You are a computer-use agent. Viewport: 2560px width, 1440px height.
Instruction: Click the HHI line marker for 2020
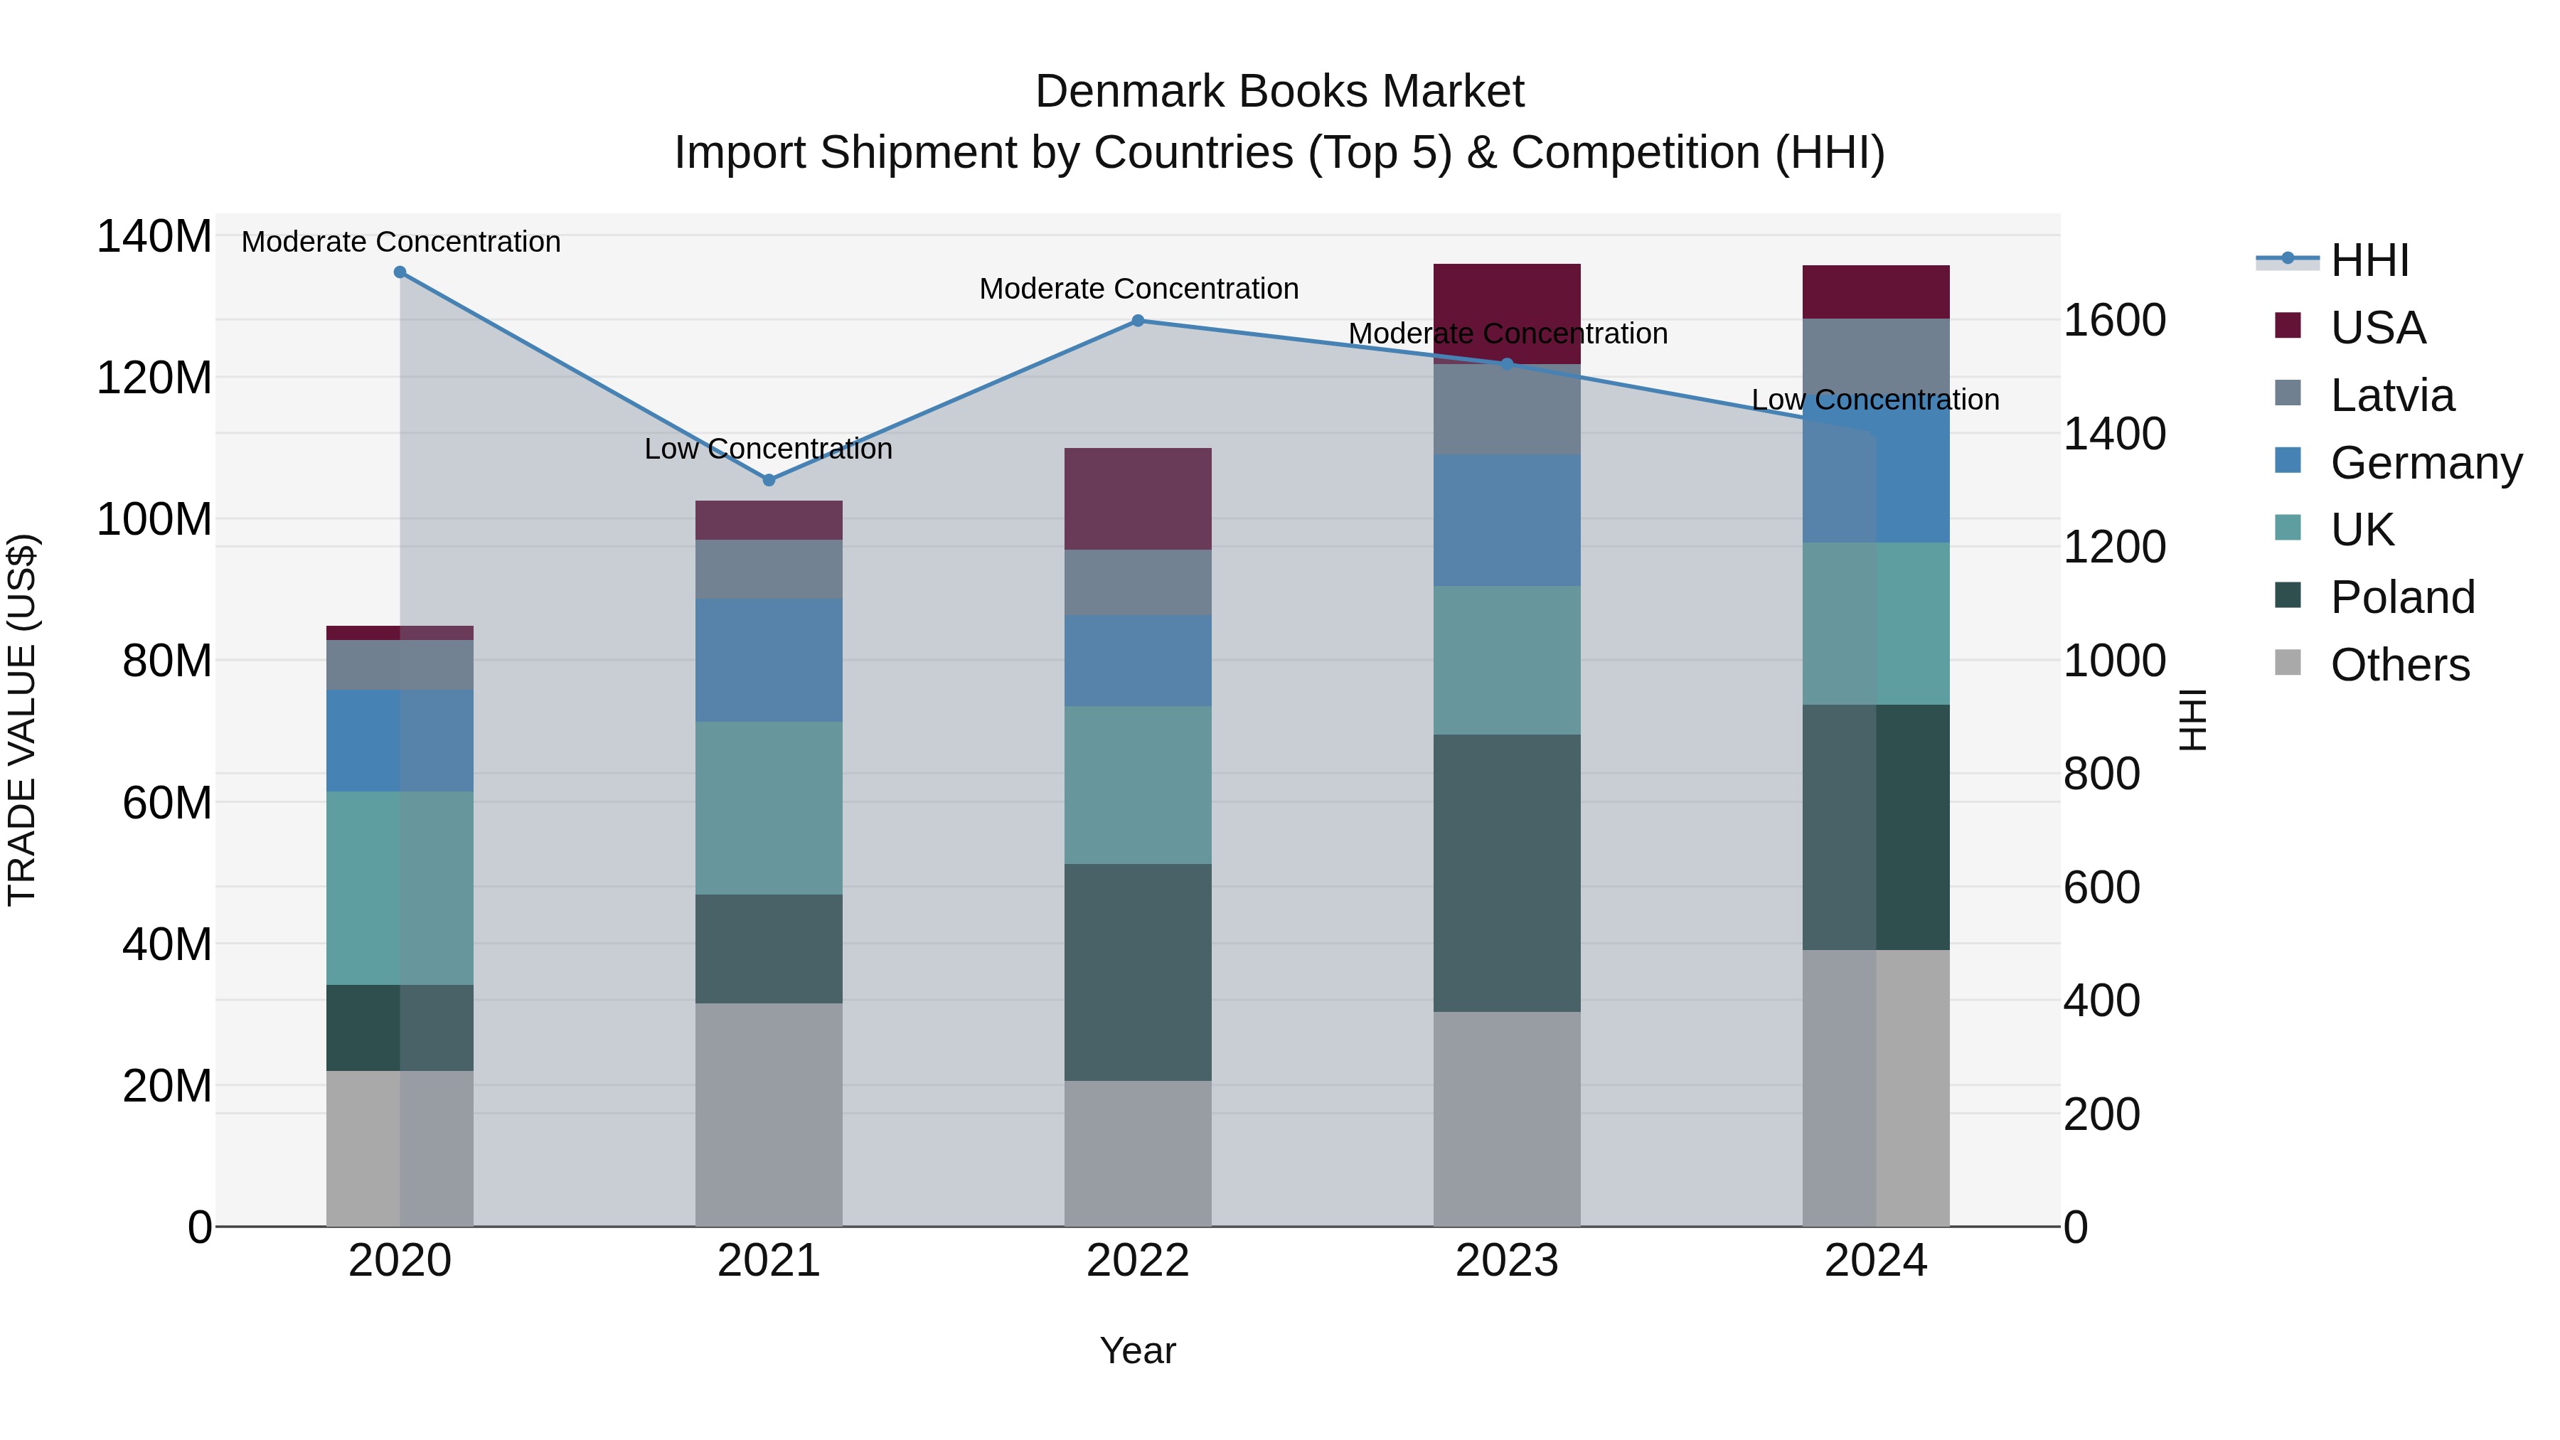point(400,272)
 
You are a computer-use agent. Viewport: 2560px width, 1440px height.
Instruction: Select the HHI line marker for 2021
point(768,480)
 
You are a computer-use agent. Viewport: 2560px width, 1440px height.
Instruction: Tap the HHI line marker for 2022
point(1138,321)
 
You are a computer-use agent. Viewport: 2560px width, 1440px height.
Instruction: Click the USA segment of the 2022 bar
point(1138,499)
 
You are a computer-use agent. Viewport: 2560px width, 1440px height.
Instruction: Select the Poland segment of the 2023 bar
point(1507,873)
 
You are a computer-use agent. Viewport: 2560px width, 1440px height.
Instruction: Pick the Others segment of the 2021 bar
point(768,1114)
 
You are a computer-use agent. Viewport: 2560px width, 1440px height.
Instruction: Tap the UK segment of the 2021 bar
point(768,808)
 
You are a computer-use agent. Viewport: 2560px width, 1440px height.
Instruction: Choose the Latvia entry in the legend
point(2391,395)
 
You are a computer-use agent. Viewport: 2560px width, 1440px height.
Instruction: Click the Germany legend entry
point(2425,463)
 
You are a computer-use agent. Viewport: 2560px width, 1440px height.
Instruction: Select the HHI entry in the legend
point(2369,260)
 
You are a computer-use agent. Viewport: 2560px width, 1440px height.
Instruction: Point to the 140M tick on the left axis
point(154,237)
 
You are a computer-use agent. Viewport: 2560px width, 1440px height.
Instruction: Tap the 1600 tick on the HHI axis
point(2115,320)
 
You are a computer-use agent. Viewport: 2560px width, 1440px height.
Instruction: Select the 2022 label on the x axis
point(1138,1261)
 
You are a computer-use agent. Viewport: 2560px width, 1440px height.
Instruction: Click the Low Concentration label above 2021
point(768,449)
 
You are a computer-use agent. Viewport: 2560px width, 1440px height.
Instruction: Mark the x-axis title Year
point(1138,1350)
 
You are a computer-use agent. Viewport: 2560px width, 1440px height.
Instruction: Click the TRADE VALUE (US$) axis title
point(23,720)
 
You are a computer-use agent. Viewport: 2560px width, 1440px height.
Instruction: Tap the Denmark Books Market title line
point(1279,92)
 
